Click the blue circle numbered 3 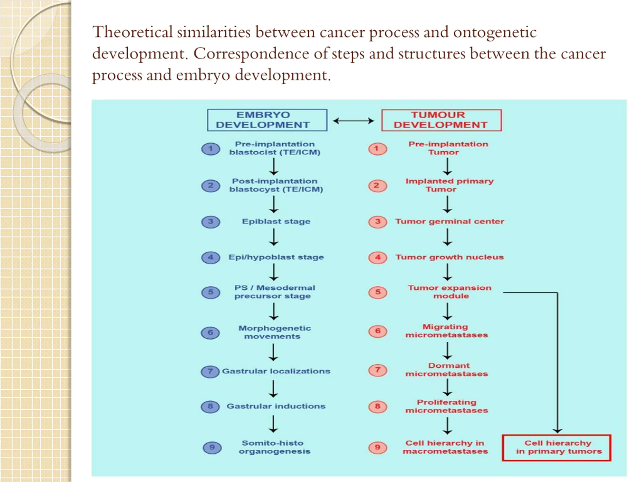click(211, 222)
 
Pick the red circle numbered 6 click(378, 331)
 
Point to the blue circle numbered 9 click(212, 447)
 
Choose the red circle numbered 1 click(378, 149)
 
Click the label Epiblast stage click(276, 221)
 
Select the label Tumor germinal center click(450, 221)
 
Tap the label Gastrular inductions click(276, 406)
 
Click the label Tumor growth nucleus click(450, 257)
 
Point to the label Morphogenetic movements click(274, 332)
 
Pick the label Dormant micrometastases click(447, 370)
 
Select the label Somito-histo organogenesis click(274, 447)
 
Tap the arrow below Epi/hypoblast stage click(274, 272)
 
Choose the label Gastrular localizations click(276, 371)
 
